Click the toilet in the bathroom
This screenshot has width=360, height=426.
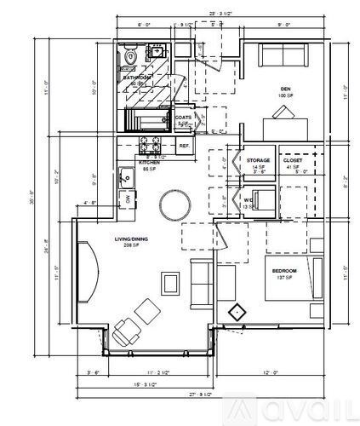(130, 57)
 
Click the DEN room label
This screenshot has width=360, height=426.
(284, 88)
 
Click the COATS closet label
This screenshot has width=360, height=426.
(183, 118)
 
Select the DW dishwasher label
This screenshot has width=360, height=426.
(128, 199)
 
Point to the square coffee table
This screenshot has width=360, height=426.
(171, 281)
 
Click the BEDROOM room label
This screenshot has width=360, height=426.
(283, 273)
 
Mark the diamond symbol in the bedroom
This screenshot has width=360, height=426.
(237, 311)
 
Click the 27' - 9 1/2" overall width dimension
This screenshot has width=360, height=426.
(200, 396)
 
